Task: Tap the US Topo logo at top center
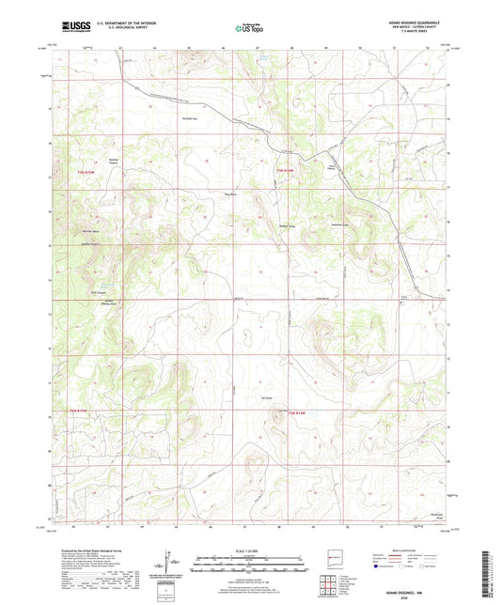pyautogui.click(x=250, y=29)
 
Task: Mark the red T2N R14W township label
pyautogui.click(x=298, y=413)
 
